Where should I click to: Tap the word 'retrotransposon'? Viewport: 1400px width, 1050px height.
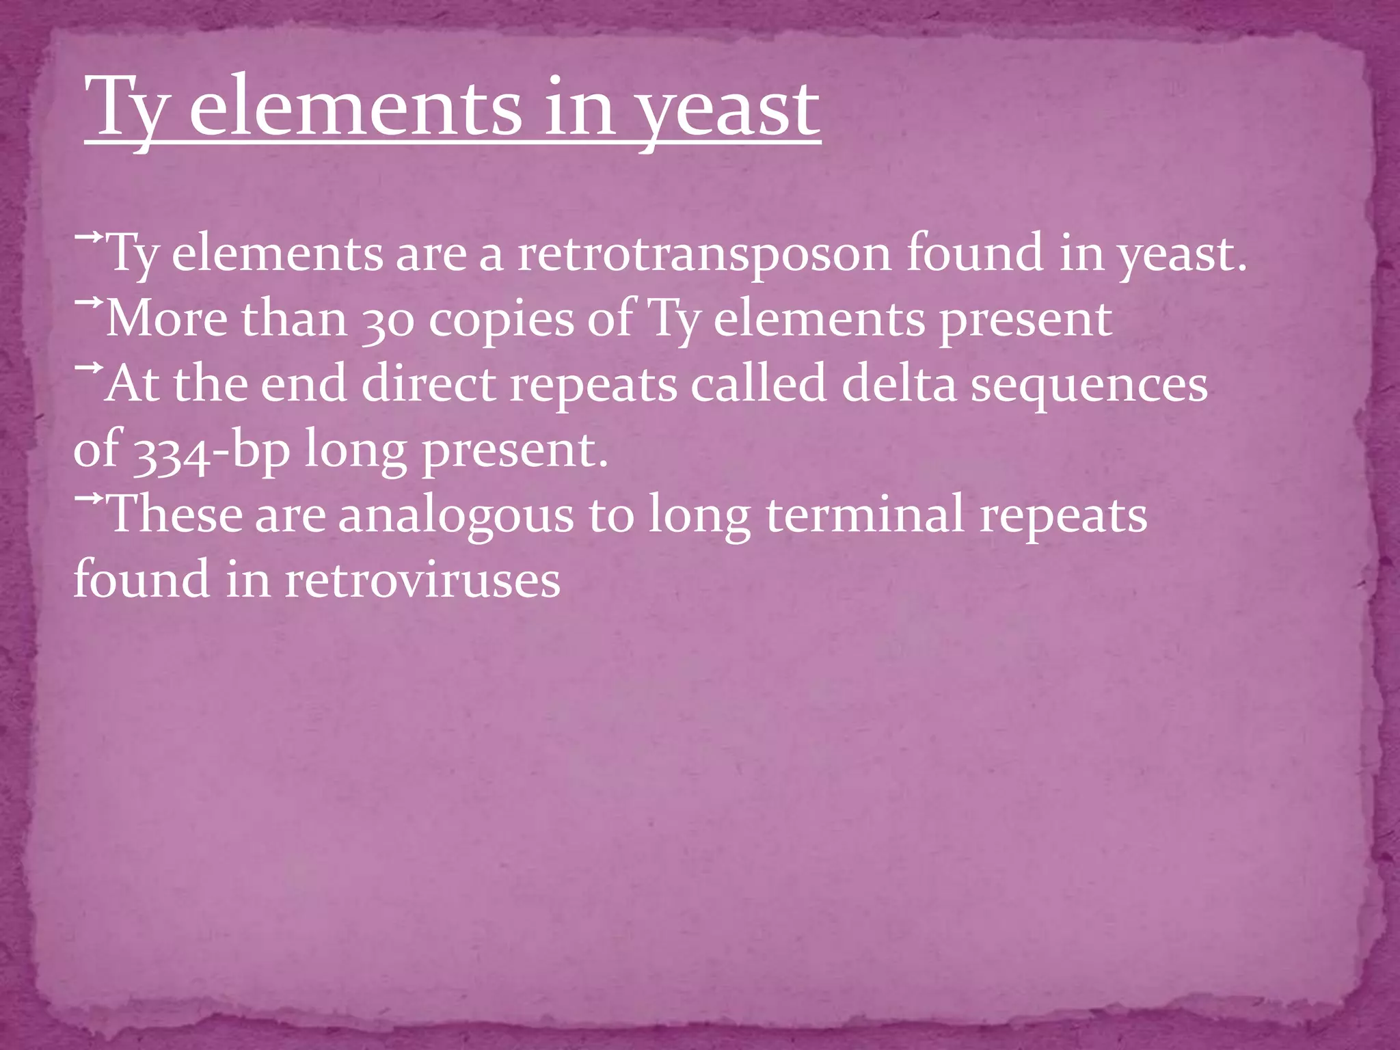pyautogui.click(x=704, y=253)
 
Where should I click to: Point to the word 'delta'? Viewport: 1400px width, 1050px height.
pyautogui.click(x=898, y=383)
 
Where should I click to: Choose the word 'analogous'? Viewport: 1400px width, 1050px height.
pyautogui.click(x=455, y=515)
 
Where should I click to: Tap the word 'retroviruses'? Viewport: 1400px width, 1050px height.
pyautogui.click(x=422, y=580)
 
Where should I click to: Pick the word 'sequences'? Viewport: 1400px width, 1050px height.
pyautogui.click(x=1089, y=385)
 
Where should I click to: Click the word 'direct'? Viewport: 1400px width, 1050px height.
pyautogui.click(x=428, y=383)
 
